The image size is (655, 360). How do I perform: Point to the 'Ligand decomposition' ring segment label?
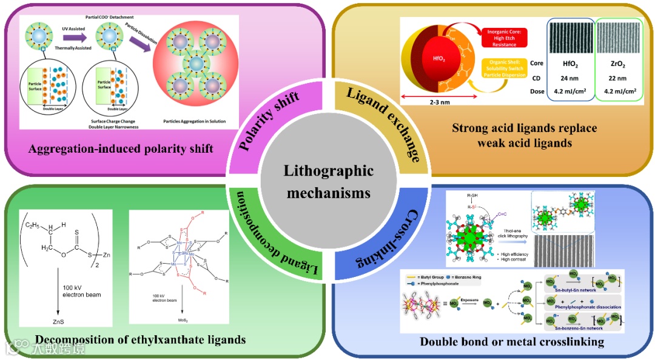click(x=267, y=240)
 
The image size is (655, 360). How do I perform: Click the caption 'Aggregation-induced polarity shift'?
click(x=121, y=148)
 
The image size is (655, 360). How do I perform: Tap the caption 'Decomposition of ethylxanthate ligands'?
click(x=140, y=339)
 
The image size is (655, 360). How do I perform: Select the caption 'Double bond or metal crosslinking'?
click(x=512, y=342)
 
